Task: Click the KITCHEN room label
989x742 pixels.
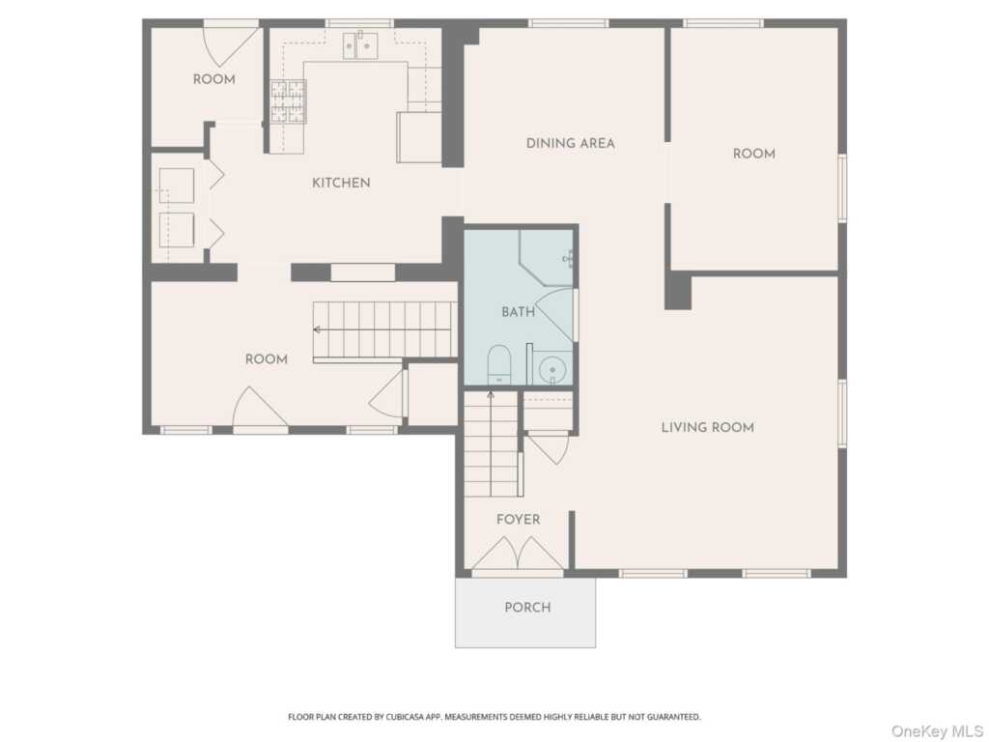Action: point(341,183)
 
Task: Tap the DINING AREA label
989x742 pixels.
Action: point(570,143)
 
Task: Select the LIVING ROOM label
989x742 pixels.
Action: point(708,427)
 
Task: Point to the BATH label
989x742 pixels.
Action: point(518,312)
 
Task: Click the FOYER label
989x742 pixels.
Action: point(518,519)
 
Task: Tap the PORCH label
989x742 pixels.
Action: point(527,608)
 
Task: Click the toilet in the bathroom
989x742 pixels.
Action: point(499,364)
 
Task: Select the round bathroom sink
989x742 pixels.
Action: point(553,369)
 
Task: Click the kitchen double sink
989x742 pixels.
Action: point(360,45)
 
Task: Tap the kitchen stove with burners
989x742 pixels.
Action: point(288,101)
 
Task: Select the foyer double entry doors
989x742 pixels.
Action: point(518,554)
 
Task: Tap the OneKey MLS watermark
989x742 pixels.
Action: point(937,731)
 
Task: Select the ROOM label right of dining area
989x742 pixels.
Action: point(753,154)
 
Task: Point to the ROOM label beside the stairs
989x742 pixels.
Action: point(267,359)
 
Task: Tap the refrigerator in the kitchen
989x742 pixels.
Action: point(419,137)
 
